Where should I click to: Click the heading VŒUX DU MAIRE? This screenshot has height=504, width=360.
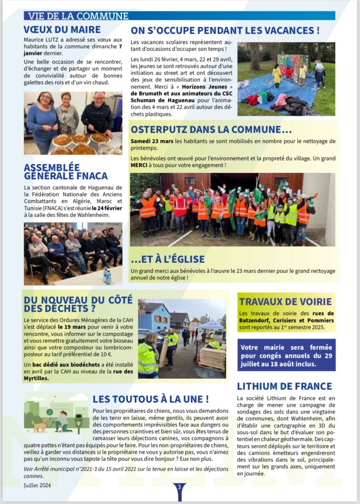[62, 30]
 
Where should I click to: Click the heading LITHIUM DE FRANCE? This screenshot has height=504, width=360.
[284, 386]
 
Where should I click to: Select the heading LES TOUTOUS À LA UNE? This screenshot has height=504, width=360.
[150, 399]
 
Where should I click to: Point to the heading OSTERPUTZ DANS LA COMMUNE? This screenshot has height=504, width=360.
[211, 130]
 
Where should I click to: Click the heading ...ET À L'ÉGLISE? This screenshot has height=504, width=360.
[167, 259]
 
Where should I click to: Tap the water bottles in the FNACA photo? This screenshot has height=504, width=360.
[107, 276]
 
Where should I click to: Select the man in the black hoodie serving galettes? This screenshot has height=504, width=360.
[97, 116]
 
